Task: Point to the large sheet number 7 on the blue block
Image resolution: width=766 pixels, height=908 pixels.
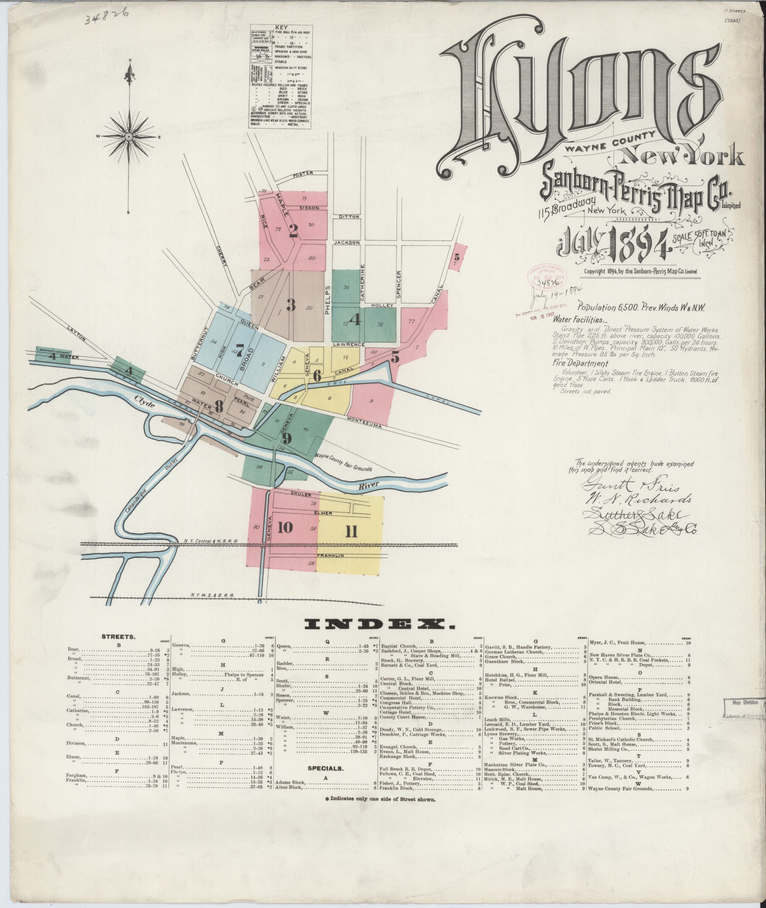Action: coord(239,350)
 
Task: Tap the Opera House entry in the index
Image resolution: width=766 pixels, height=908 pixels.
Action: coord(604,677)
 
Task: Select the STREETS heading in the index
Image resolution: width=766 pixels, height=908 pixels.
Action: coord(118,637)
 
